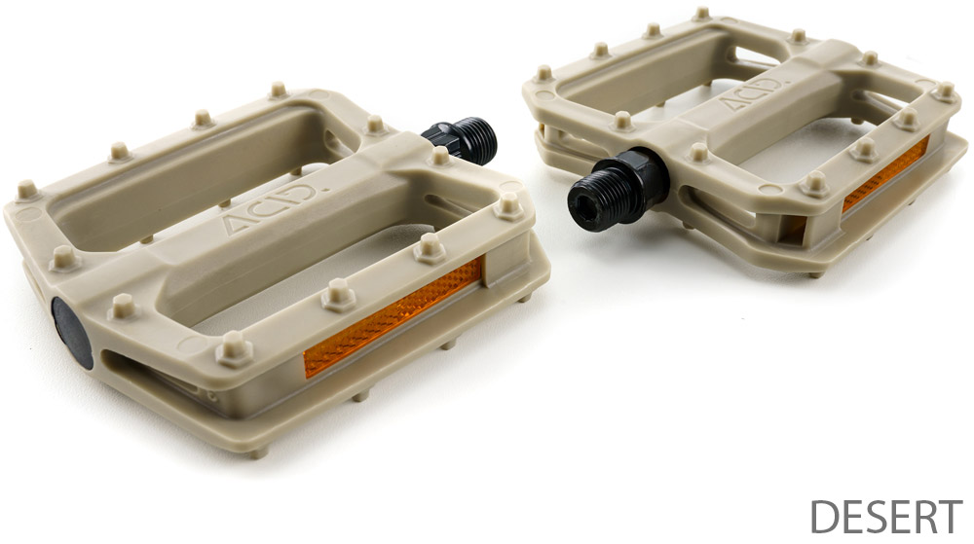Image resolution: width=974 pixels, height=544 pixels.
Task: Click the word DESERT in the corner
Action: point(886,516)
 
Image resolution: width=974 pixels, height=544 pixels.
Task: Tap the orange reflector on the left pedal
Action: point(393,317)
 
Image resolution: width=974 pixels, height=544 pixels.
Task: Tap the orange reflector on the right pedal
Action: point(885,174)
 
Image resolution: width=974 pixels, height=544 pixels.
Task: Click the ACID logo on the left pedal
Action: point(272,207)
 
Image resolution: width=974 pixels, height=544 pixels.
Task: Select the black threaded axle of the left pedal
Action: point(461,140)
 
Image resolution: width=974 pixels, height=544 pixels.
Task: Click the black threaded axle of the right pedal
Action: point(618,190)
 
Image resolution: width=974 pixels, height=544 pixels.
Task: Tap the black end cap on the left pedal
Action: point(71,333)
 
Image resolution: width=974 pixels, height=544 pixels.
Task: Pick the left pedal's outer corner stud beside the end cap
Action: point(122,307)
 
